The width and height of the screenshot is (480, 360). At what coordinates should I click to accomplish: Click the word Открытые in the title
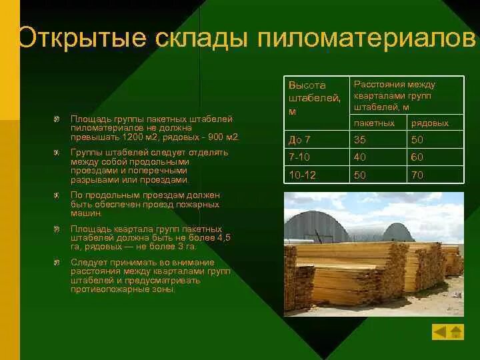coord(82,38)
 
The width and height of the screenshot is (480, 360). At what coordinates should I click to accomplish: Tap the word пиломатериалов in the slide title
coord(367,38)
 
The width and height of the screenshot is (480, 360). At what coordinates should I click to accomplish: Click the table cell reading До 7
coord(317,140)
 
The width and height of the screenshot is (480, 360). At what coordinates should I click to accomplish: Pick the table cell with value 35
coord(378,140)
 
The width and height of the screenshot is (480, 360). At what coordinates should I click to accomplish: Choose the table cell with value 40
coord(378,157)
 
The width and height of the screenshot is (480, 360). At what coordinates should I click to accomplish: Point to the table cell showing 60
coord(435,157)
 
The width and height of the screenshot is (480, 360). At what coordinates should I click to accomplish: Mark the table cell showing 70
coord(435,175)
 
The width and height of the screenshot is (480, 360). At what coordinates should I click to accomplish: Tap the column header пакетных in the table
coord(374,123)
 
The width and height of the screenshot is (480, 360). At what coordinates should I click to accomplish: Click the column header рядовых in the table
coord(430,123)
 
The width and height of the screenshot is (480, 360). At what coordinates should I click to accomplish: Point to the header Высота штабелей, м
coord(315,98)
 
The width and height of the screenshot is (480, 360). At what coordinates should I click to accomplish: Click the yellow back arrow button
coord(440,332)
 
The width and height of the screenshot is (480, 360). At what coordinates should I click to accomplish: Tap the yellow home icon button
coord(456,332)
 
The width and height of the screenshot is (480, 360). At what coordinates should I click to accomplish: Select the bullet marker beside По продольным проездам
coord(57,195)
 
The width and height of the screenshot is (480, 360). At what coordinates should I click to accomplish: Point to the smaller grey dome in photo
coord(397,232)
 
